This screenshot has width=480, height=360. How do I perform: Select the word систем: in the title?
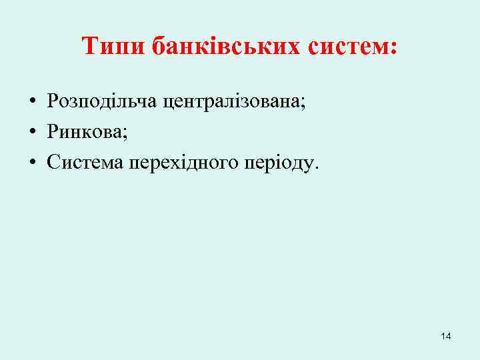[353, 47]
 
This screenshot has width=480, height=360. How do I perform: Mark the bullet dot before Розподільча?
[32, 102]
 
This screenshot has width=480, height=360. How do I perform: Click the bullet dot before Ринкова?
[32, 133]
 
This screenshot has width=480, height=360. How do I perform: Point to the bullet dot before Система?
[32, 163]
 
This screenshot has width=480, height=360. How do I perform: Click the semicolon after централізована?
[303, 103]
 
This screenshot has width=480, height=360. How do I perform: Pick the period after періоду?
[317, 167]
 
